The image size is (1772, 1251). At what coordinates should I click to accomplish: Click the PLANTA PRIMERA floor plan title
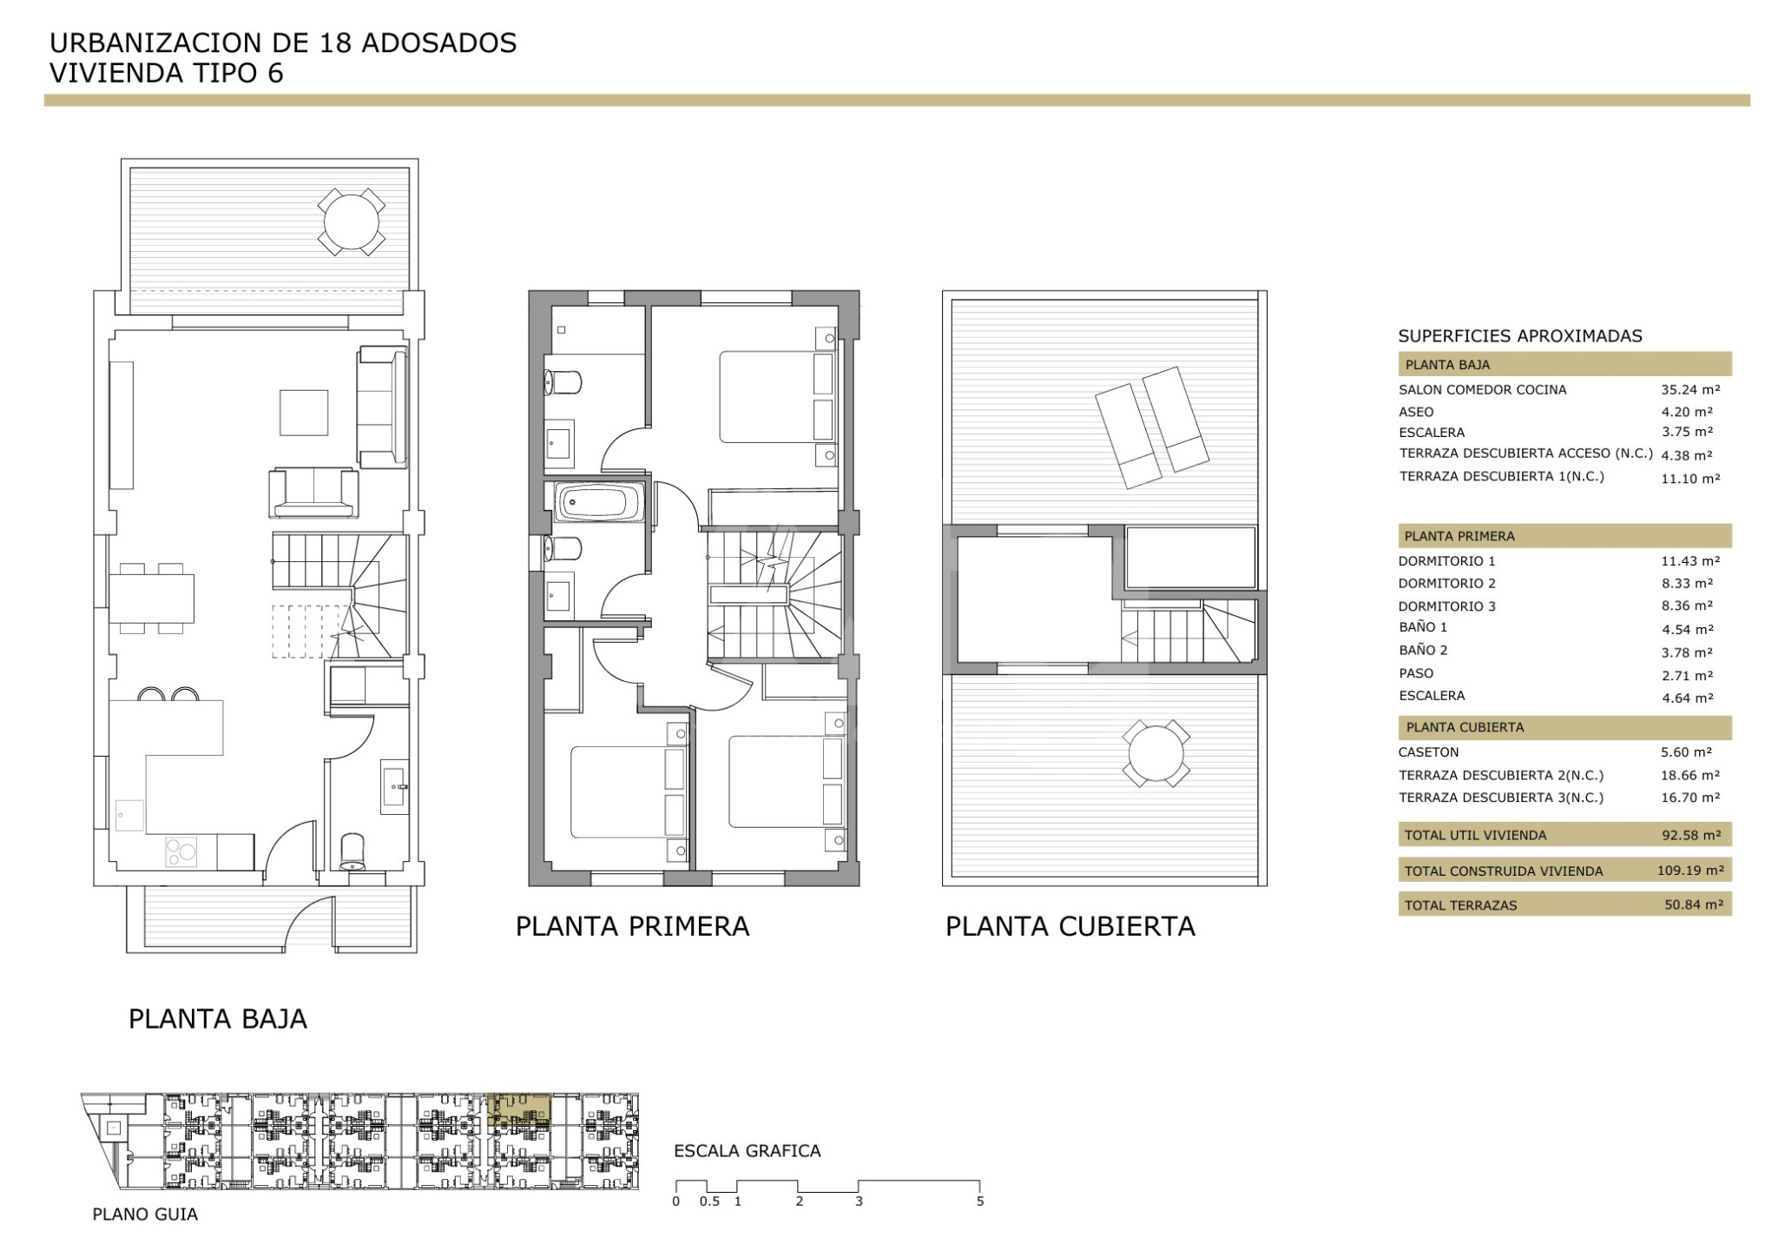coord(632,927)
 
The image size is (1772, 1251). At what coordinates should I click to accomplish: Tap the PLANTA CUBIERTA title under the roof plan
coord(1070,927)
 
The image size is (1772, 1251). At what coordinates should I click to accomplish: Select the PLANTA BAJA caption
coord(218,1019)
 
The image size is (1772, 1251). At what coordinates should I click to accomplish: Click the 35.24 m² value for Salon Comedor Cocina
coord(1690,390)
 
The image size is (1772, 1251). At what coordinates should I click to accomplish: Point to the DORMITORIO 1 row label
coord(1446,561)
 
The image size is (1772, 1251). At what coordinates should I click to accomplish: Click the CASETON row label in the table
coord(1428,752)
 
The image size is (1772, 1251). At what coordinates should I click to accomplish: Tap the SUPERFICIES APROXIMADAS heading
coord(1520,336)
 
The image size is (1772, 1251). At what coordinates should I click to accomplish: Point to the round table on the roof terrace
coord(1156,753)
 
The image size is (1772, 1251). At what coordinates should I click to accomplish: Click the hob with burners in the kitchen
coord(181,852)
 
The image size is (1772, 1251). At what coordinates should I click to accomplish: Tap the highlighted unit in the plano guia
coord(521,1111)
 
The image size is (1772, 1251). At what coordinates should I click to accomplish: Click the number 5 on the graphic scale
coord(980,1202)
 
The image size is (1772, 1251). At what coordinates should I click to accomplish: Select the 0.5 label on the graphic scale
coord(710,1202)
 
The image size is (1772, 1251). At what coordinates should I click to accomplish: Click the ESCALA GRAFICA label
coord(748,1152)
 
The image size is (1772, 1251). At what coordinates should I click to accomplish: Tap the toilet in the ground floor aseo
coord(352,852)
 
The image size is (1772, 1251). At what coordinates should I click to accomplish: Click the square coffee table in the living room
coord(304,413)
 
